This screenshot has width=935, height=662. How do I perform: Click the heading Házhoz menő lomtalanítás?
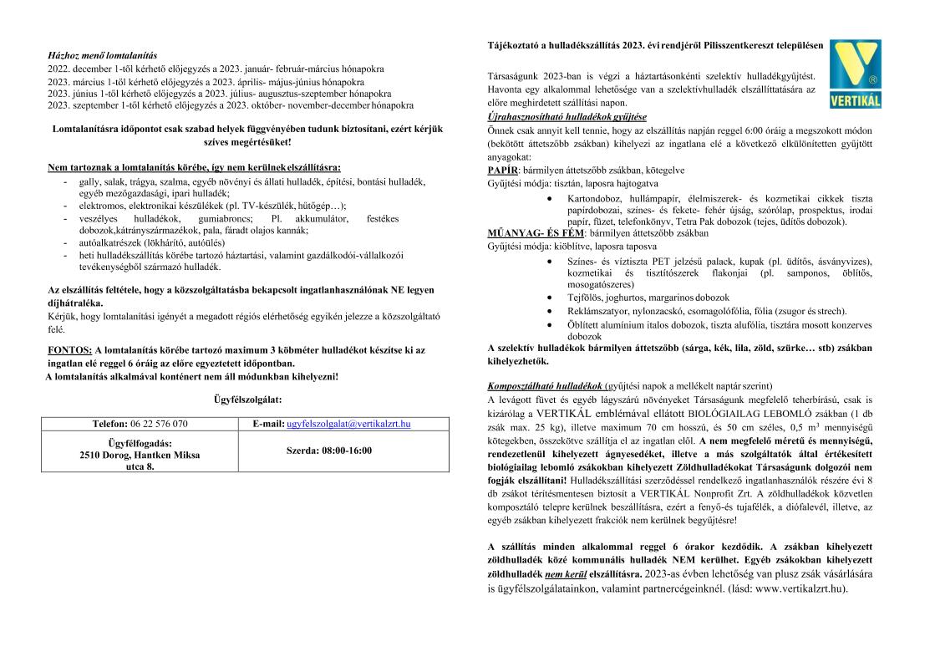click(102, 54)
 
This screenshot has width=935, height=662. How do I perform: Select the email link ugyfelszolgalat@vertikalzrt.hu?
click(348, 424)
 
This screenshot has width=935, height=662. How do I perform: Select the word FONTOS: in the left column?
click(70, 349)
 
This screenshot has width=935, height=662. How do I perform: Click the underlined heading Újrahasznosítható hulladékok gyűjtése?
click(567, 116)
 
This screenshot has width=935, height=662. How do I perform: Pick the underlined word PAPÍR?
click(501, 170)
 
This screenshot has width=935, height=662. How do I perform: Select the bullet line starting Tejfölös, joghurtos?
click(636, 297)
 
